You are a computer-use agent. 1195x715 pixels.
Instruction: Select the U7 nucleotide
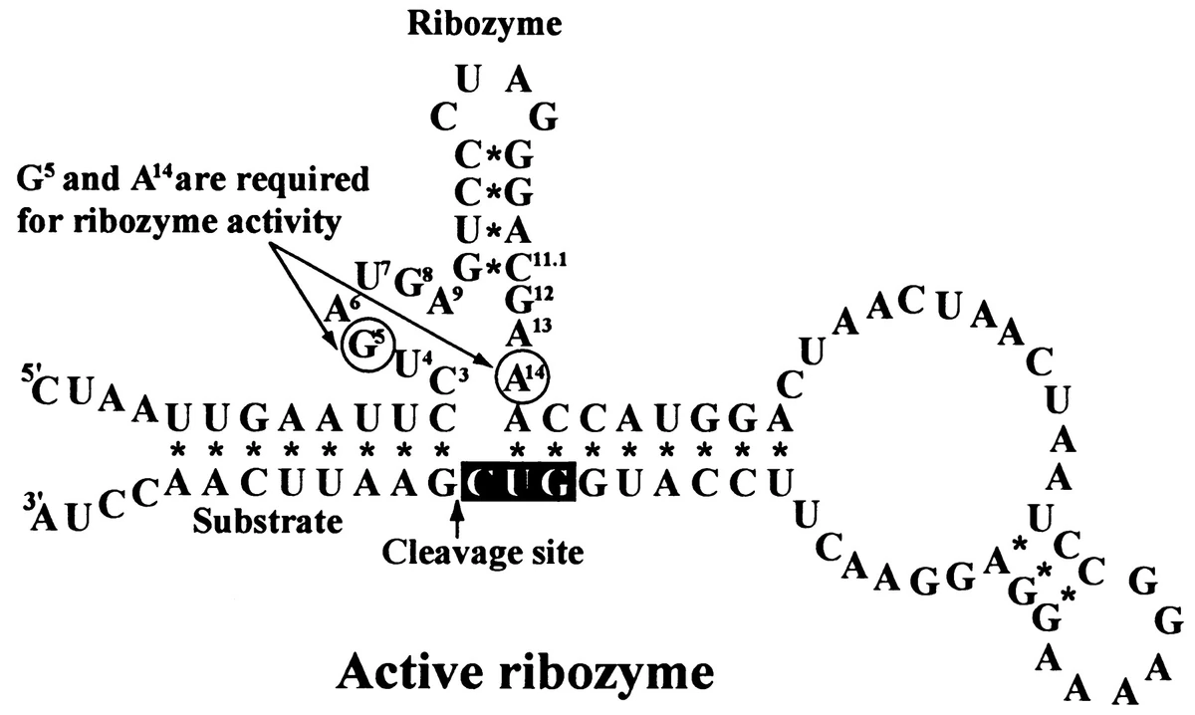(369, 272)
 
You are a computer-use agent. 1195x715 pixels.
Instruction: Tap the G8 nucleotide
(403, 284)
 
